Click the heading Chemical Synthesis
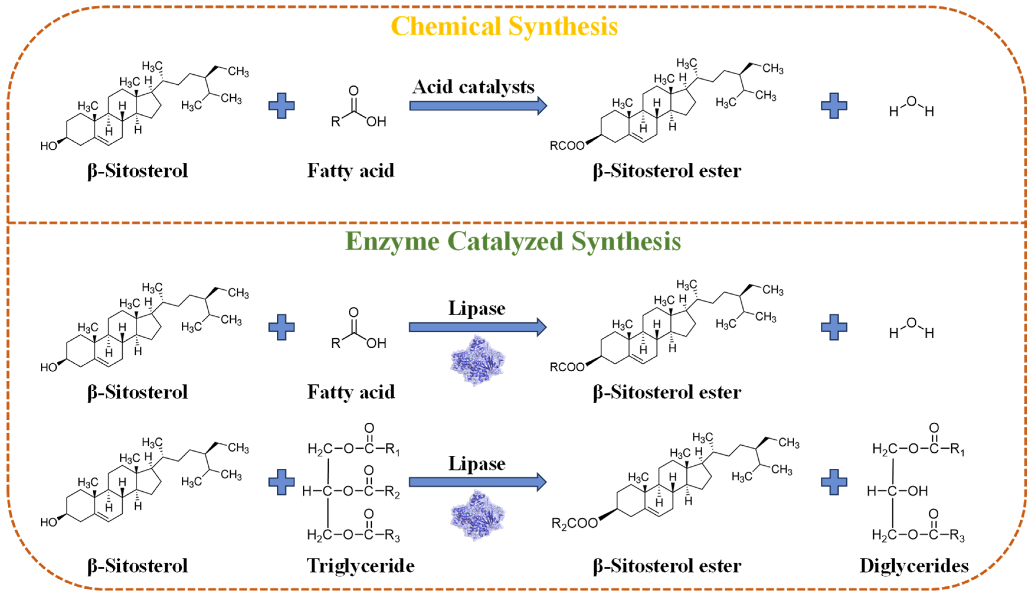coord(504,27)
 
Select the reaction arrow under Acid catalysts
coord(478,106)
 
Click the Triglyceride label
coord(361,566)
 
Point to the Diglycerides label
coord(914,566)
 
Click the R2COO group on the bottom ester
coord(574,523)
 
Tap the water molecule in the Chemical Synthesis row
coord(911,106)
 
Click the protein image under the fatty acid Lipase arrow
coord(478,360)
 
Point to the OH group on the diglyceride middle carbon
coord(917,491)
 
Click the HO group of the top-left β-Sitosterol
coord(48,146)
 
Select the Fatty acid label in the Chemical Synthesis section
coord(351,170)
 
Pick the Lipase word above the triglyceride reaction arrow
coord(477,464)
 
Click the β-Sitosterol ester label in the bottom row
coord(667,566)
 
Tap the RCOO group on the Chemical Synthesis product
coord(567,146)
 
